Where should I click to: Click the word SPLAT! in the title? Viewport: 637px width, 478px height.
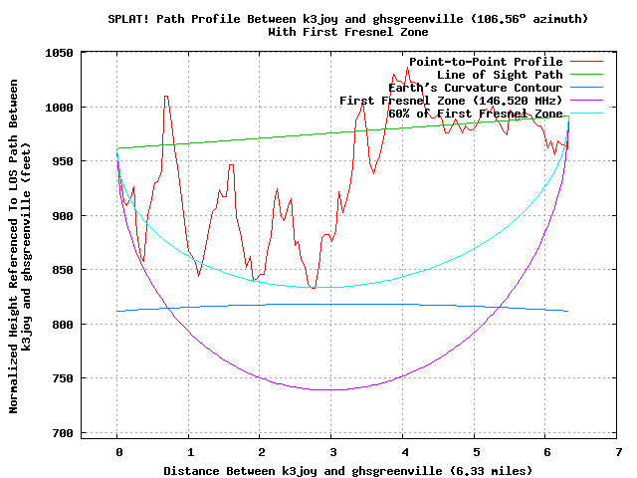(128, 19)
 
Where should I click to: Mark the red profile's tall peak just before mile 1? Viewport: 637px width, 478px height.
(166, 97)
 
